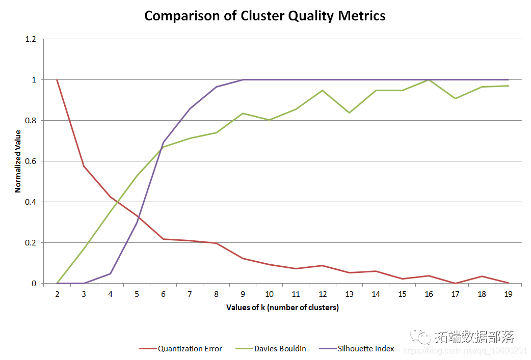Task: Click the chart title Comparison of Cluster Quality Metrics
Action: (264, 16)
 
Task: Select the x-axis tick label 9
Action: (243, 294)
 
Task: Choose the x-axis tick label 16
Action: (429, 294)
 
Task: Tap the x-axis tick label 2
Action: (57, 294)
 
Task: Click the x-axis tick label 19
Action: (508, 294)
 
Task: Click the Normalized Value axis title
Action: (18, 161)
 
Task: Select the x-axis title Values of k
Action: (282, 308)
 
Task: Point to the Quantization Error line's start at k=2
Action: (57, 80)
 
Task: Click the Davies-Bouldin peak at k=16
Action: (429, 80)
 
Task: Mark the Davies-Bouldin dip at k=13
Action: (349, 113)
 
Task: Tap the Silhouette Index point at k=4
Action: (110, 273)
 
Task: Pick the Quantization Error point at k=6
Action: (163, 239)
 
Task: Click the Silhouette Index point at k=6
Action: (163, 143)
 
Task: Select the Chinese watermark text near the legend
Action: (474, 337)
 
